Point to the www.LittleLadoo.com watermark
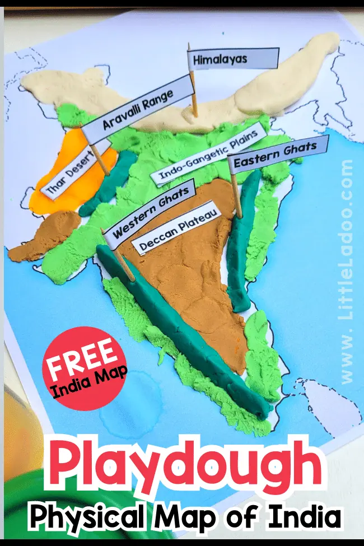click(347, 269)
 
